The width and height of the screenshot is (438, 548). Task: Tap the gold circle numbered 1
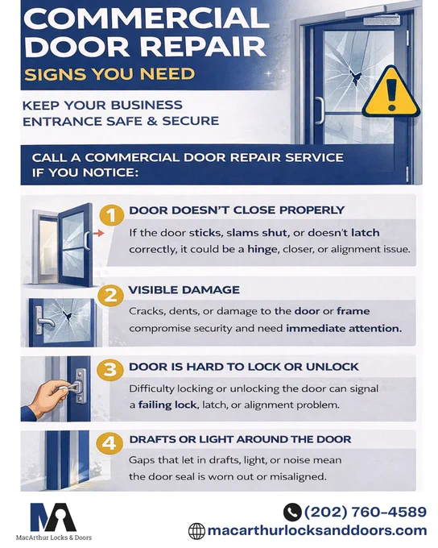point(111,215)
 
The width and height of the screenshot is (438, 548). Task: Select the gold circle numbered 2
point(111,296)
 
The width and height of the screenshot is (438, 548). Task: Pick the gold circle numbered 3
point(110,369)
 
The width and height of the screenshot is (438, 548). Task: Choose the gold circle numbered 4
point(109,443)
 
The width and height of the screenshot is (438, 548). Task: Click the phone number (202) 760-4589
point(366,512)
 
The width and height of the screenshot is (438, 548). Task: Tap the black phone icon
point(292,512)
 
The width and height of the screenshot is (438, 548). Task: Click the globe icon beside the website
point(196,531)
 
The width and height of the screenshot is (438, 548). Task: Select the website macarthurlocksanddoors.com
point(317,530)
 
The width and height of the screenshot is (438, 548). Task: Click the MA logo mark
point(53,517)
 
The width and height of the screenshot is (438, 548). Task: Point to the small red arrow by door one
point(99,233)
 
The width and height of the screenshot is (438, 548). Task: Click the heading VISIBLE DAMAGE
point(184,290)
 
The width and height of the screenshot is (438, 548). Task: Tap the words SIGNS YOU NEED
point(109,74)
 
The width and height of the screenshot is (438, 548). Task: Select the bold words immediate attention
point(344,329)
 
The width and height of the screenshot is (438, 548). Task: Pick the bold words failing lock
point(167,405)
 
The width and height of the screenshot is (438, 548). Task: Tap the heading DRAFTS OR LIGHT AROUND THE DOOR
point(240,439)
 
